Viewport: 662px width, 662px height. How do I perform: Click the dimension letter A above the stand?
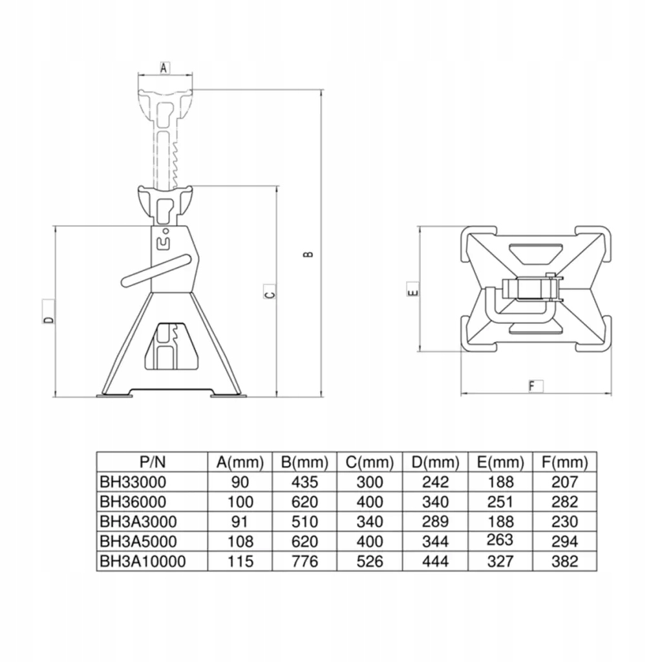point(164,67)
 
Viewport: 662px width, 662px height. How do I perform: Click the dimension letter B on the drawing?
point(309,254)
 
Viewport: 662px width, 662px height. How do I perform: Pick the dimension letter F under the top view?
point(533,387)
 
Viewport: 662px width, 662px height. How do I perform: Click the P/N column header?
point(153,462)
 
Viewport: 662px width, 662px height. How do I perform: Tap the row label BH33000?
point(133,482)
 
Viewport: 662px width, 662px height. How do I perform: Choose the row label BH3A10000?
point(142,561)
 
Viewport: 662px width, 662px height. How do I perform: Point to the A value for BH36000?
point(240,502)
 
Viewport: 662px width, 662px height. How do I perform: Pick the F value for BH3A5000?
point(564,541)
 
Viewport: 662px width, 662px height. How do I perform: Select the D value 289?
point(435,522)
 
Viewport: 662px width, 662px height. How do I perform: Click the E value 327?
point(500,561)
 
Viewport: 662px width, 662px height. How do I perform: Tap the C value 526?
point(370,561)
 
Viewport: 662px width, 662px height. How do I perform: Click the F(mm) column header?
point(564,462)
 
